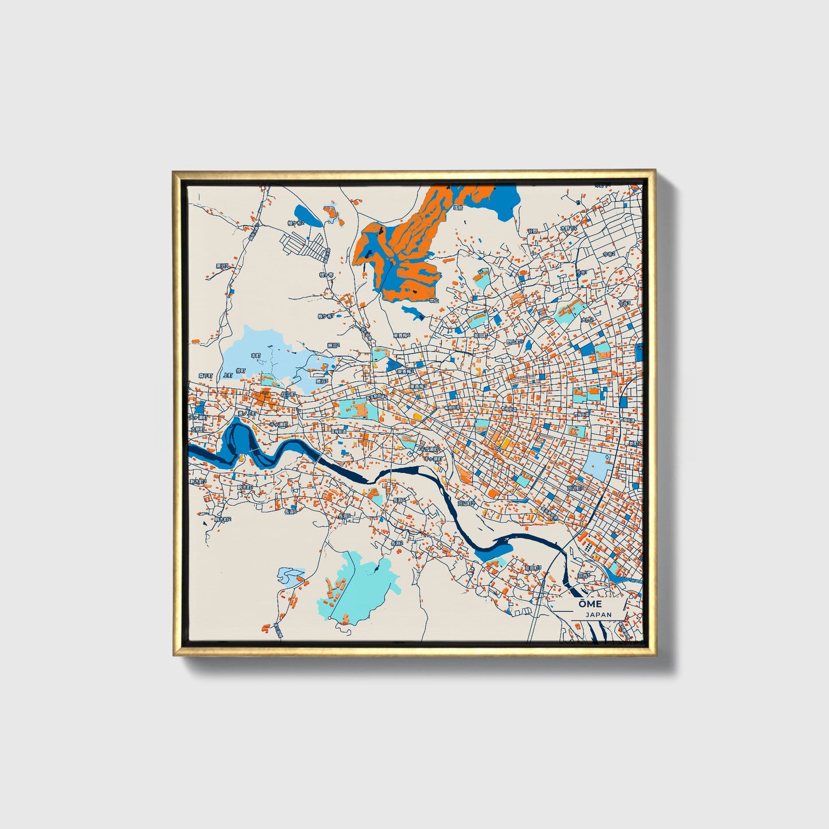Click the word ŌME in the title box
click(590, 604)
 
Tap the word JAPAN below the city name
click(598, 614)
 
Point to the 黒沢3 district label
click(221, 266)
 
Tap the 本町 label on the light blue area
click(256, 356)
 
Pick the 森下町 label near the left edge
click(205, 376)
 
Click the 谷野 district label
click(532, 231)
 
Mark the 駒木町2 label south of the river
click(222, 519)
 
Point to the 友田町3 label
click(532, 567)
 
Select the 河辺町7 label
click(574, 488)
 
